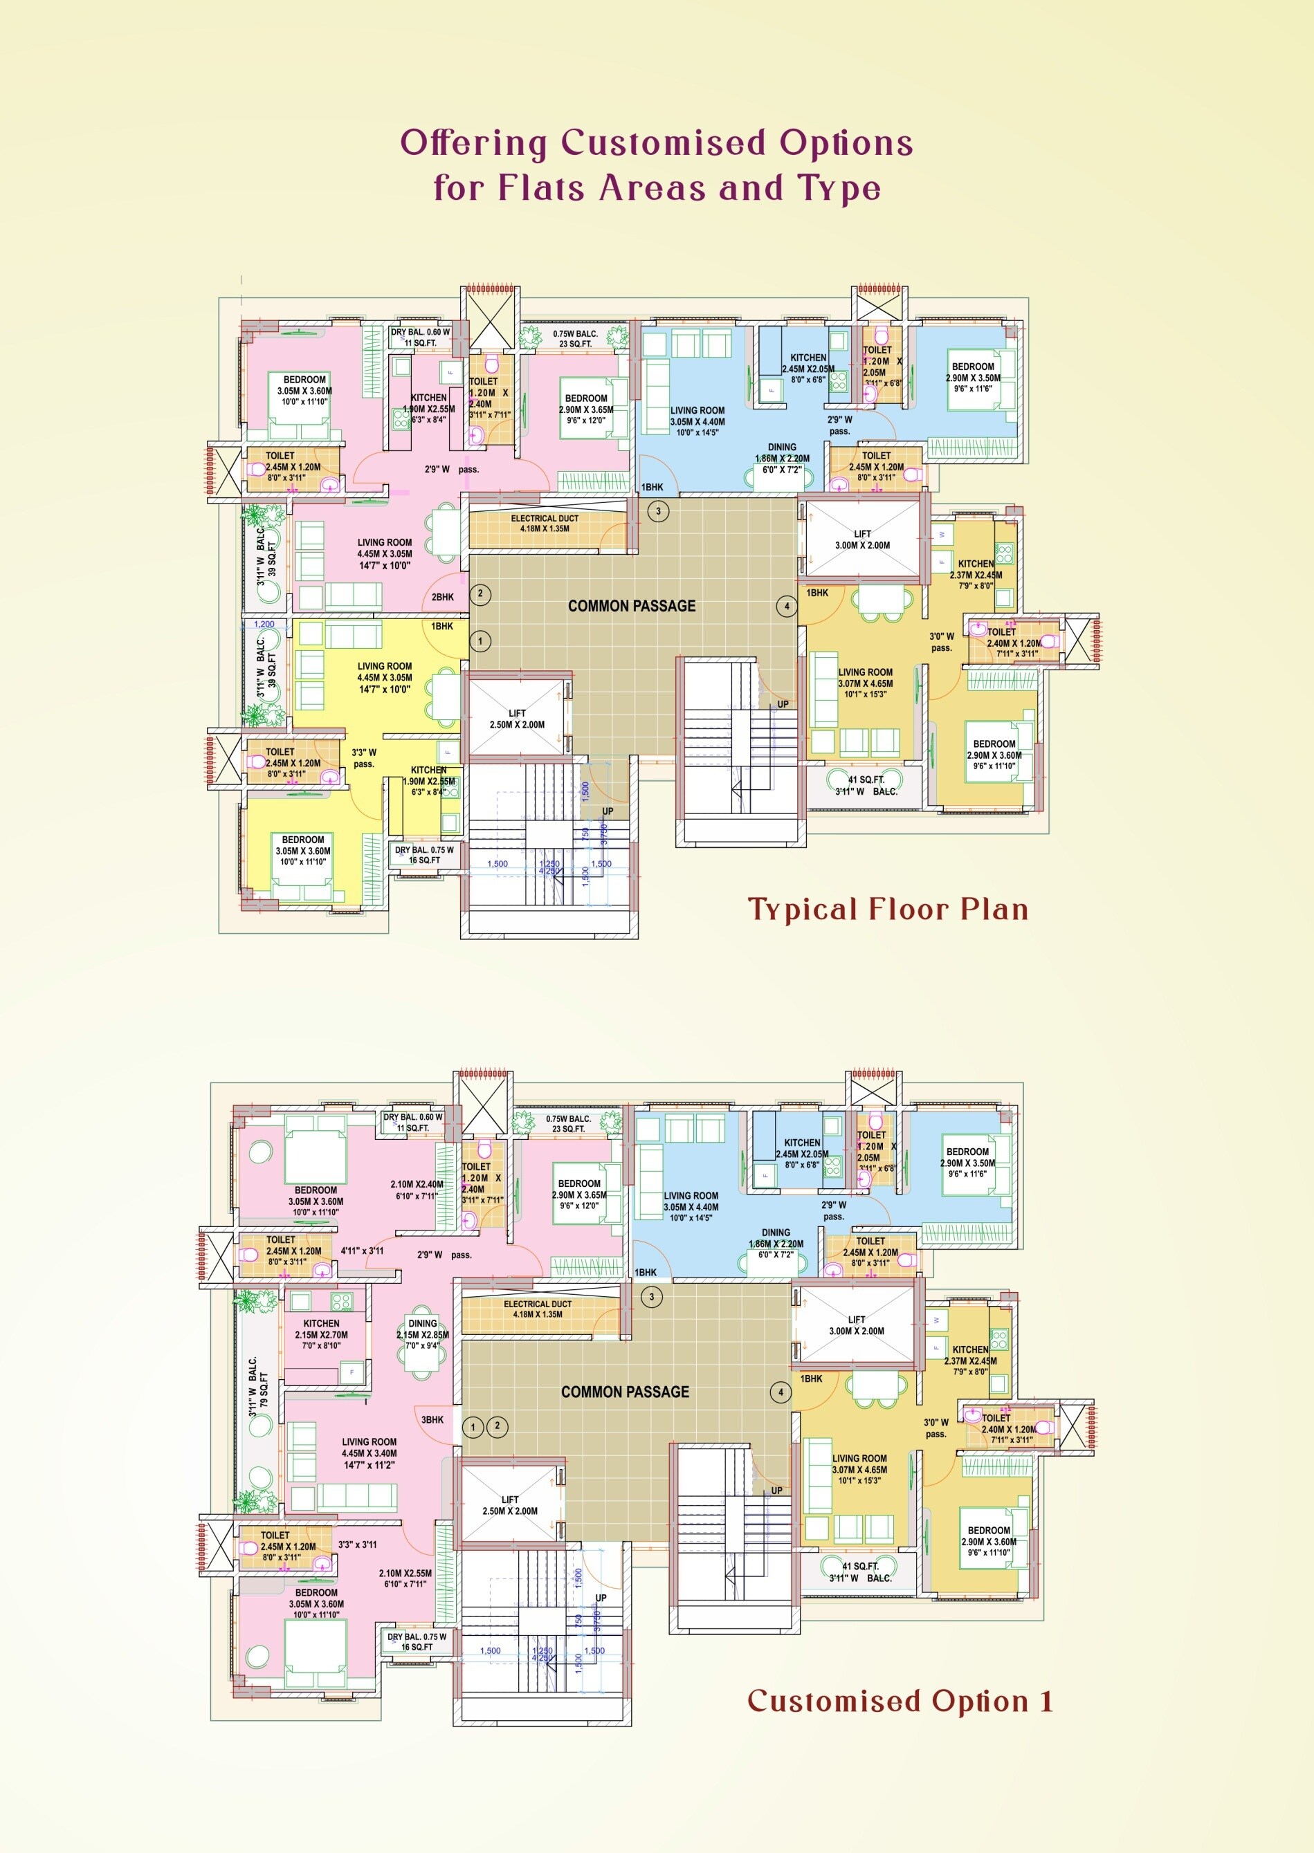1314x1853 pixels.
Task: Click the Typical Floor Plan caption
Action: pyautogui.click(x=888, y=909)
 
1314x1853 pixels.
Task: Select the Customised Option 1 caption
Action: pyautogui.click(x=900, y=1700)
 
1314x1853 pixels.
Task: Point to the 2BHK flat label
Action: pyautogui.click(x=443, y=597)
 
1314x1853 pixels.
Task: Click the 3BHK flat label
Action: pyautogui.click(x=432, y=1419)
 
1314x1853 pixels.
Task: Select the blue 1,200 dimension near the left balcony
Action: pyautogui.click(x=264, y=625)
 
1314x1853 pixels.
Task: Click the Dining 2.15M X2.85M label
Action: pyautogui.click(x=422, y=1334)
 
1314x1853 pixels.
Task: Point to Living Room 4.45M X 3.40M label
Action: pyautogui.click(x=369, y=1453)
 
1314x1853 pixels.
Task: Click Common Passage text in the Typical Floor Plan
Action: pyautogui.click(x=631, y=606)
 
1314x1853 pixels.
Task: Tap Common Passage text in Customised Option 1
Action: pyautogui.click(x=625, y=1392)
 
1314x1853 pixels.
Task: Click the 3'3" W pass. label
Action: pyautogui.click(x=364, y=758)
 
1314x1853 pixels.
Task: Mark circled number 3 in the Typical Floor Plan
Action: pyautogui.click(x=659, y=511)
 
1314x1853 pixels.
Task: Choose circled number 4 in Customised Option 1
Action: pyautogui.click(x=781, y=1392)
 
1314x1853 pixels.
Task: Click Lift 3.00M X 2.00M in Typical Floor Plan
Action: pyautogui.click(x=863, y=540)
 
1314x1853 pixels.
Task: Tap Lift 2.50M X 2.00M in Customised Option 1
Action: pyautogui.click(x=510, y=1505)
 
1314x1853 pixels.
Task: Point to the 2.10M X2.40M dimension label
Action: pyautogui.click(x=417, y=1189)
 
